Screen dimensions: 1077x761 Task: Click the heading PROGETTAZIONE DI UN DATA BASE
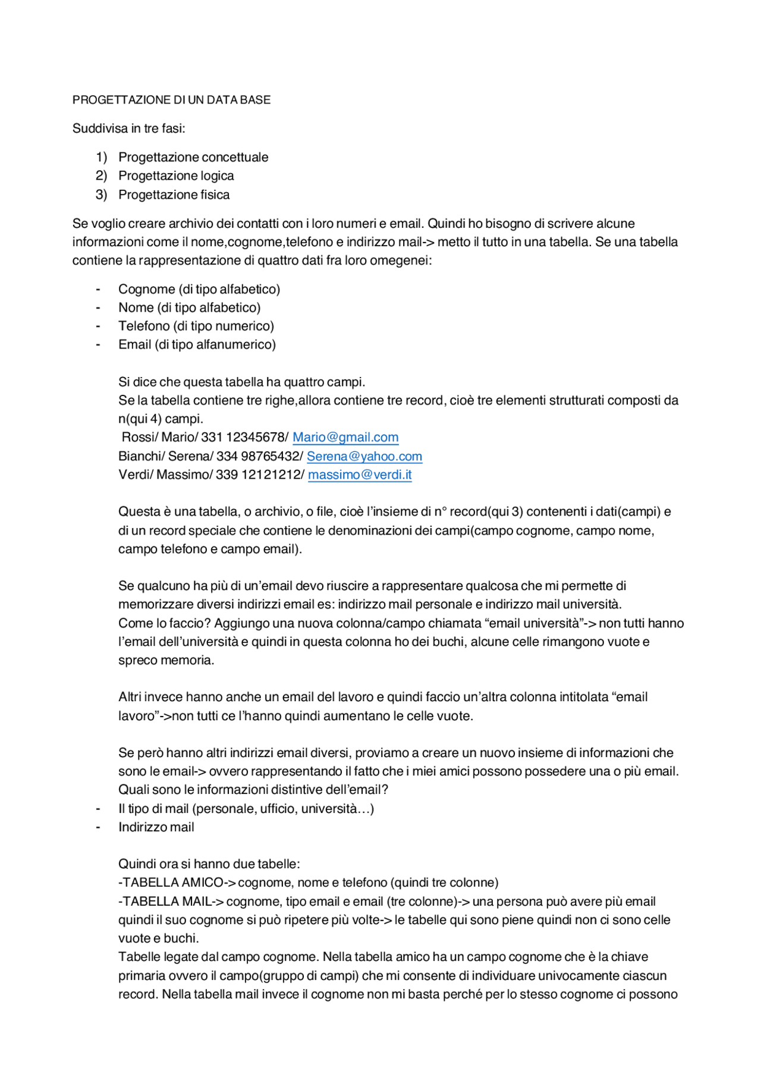click(x=171, y=100)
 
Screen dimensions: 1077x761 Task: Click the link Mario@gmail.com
click(x=345, y=438)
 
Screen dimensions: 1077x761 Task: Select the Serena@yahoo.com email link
click(x=364, y=457)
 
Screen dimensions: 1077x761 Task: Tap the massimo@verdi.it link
click(x=360, y=475)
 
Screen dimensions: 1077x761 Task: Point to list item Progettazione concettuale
click(x=193, y=158)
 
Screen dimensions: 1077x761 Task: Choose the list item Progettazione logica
click(x=176, y=176)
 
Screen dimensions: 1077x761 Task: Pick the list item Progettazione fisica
click(x=174, y=195)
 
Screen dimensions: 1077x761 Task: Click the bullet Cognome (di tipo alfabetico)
click(x=199, y=290)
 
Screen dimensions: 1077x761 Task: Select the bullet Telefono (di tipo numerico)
click(x=196, y=326)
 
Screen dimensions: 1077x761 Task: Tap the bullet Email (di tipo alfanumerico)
click(x=197, y=345)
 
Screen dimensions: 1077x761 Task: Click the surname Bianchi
click(x=140, y=457)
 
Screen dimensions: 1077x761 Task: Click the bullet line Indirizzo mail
click(x=156, y=827)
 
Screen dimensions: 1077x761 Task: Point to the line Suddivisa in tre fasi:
click(x=129, y=128)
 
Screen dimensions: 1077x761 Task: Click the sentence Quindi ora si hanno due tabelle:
click(x=209, y=864)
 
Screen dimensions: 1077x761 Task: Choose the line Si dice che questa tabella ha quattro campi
click(x=241, y=382)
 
